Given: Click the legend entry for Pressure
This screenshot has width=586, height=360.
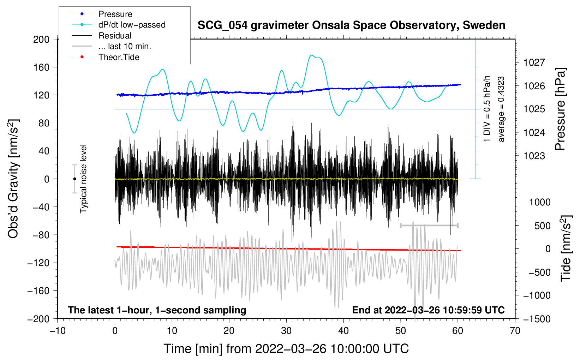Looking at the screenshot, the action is pos(102,14).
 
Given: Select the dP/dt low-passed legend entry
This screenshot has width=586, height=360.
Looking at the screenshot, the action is pos(119,25).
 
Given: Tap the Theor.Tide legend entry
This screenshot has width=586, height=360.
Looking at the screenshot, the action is pos(106,57).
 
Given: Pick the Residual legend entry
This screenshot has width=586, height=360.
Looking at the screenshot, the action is pos(102,36).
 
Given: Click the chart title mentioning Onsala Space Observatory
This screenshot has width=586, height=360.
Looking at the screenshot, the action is pos(351,25).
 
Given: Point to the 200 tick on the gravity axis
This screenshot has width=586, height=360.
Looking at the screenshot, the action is pos(41,40).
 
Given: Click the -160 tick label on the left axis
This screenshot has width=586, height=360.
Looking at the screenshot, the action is pos(38,291).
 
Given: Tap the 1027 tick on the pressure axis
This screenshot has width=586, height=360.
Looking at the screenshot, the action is pos(534,62).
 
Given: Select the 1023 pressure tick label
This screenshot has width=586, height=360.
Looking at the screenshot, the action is pos(534,156).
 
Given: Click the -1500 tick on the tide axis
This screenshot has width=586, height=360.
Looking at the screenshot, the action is pos(537,319).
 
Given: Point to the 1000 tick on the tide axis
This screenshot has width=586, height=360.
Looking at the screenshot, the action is pos(540,202).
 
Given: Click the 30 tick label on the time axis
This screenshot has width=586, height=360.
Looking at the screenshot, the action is pos(286,331).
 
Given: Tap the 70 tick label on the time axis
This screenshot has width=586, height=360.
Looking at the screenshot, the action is pos(515,331).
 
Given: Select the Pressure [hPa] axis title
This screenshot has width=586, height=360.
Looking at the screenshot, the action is pos(560,109).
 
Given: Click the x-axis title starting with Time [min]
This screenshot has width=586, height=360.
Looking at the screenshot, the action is pos(286,349).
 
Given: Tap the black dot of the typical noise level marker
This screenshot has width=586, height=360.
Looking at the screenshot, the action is pos(74,179).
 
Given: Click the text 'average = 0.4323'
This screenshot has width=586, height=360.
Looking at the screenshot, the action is pos(501,109).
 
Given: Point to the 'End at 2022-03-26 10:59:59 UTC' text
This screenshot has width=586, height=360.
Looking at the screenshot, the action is pos(428,310).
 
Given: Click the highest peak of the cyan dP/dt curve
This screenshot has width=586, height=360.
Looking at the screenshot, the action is pos(311,55).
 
